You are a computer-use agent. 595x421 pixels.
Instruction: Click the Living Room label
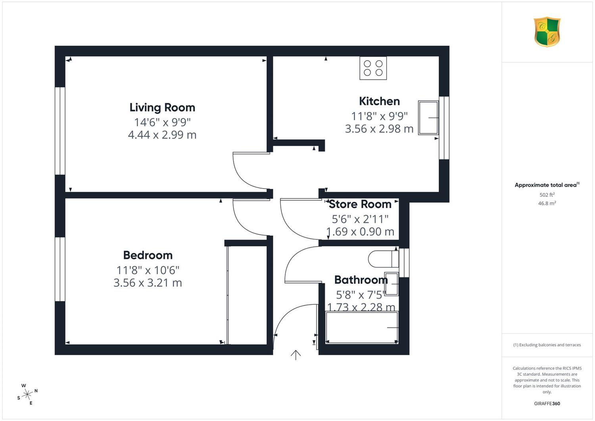tap(162, 108)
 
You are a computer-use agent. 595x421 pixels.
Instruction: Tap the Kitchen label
tap(379, 101)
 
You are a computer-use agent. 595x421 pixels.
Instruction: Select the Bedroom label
tap(148, 255)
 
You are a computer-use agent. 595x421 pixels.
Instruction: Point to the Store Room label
tap(360, 204)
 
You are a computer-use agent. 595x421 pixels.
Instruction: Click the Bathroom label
tap(361, 280)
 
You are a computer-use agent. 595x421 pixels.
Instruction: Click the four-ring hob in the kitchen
tap(373, 68)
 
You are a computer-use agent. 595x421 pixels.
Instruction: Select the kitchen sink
tap(428, 117)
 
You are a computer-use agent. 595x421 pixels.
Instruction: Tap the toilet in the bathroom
tap(384, 259)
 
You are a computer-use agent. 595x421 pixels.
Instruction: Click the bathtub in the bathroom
tap(362, 328)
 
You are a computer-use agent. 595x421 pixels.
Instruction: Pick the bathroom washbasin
tap(392, 284)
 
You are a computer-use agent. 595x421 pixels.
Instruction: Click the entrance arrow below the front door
tap(296, 355)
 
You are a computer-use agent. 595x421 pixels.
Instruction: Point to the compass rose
tap(27, 394)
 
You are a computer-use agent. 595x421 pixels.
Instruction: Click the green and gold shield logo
tap(547, 32)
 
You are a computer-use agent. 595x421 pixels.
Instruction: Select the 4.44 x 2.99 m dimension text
tap(162, 135)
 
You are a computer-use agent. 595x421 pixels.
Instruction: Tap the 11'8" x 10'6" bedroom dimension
tap(148, 270)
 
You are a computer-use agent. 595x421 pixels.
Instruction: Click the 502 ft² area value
tap(547, 195)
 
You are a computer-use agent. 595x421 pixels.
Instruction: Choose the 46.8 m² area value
tap(547, 203)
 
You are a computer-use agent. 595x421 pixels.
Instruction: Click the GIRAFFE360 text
tap(547, 404)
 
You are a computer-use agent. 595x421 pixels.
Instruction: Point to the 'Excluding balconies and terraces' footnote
tap(547, 345)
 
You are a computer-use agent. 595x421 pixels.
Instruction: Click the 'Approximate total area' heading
tap(547, 185)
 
